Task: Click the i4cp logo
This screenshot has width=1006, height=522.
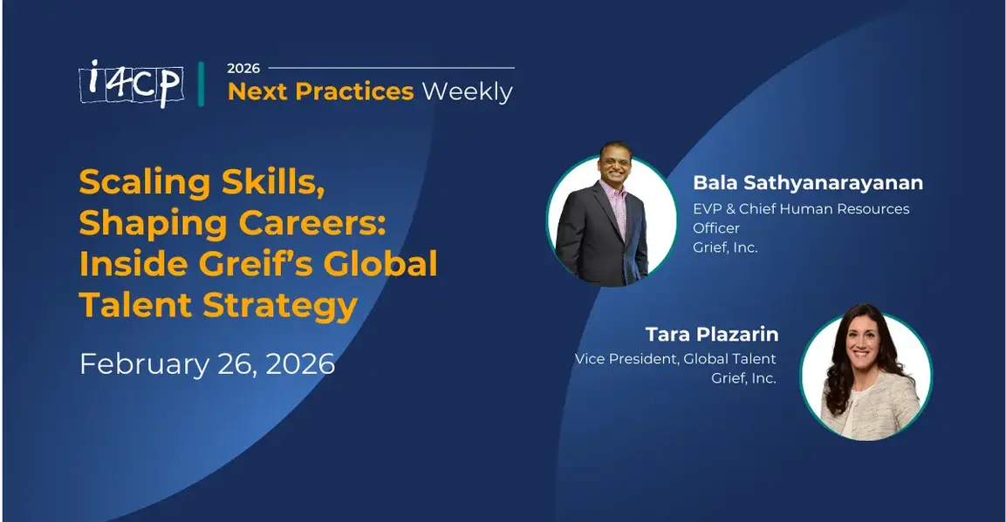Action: pyautogui.click(x=130, y=83)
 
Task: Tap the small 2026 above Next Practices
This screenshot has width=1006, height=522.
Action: pyautogui.click(x=243, y=68)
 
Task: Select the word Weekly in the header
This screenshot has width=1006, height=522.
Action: pyautogui.click(x=467, y=92)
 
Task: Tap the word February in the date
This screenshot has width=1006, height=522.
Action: pyautogui.click(x=138, y=363)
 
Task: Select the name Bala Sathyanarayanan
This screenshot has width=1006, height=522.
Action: pyautogui.click(x=807, y=183)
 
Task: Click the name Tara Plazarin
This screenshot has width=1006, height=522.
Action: pyautogui.click(x=711, y=335)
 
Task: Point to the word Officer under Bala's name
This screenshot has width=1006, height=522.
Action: pyautogui.click(x=715, y=228)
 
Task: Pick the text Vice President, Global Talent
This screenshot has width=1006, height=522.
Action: pyautogui.click(x=674, y=358)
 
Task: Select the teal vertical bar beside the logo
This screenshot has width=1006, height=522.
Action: pyautogui.click(x=202, y=84)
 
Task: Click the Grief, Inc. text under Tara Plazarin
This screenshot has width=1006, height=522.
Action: pyautogui.click(x=743, y=378)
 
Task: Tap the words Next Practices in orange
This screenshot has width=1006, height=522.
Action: pyautogui.click(x=320, y=92)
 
